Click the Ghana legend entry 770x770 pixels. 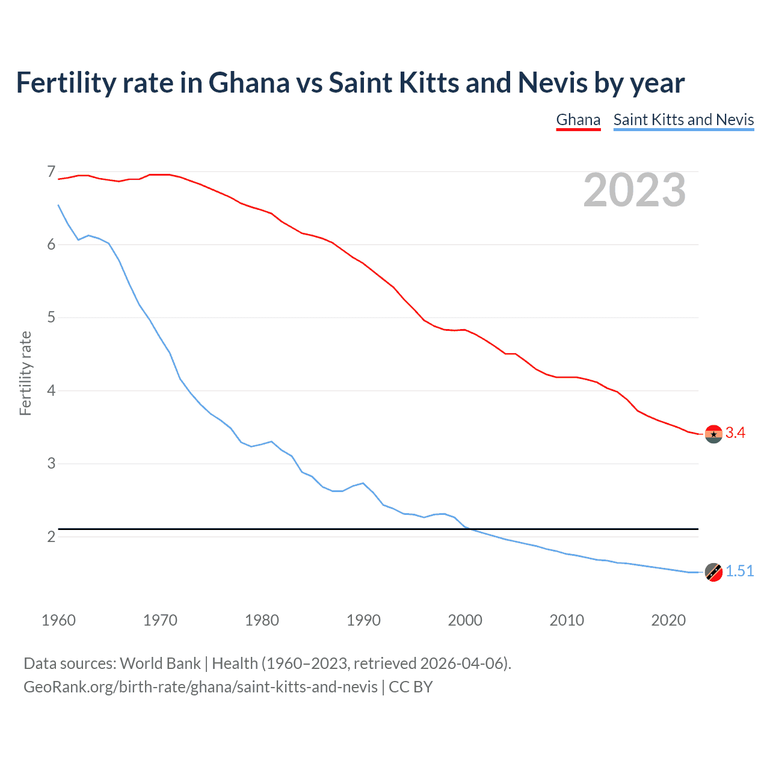point(578,120)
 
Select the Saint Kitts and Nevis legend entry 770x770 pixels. point(683,120)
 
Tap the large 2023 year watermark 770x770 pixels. point(634,190)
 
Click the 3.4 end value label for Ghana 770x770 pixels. point(735,433)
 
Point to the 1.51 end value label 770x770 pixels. point(739,571)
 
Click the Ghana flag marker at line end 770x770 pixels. point(713,434)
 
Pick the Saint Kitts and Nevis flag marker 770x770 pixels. point(713,572)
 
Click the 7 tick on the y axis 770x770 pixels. point(51,172)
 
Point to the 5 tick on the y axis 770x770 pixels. point(51,318)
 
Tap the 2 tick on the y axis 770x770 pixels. point(51,536)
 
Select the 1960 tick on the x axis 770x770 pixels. point(58,620)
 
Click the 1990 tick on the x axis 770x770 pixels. point(363,620)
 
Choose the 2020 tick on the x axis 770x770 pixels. point(668,620)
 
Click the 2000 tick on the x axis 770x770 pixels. point(465,620)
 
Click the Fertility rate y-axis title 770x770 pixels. point(25,373)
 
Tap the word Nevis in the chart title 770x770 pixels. point(552,82)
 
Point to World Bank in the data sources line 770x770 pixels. point(160,664)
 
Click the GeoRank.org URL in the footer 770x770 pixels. point(200,687)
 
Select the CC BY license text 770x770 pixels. point(411,687)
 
